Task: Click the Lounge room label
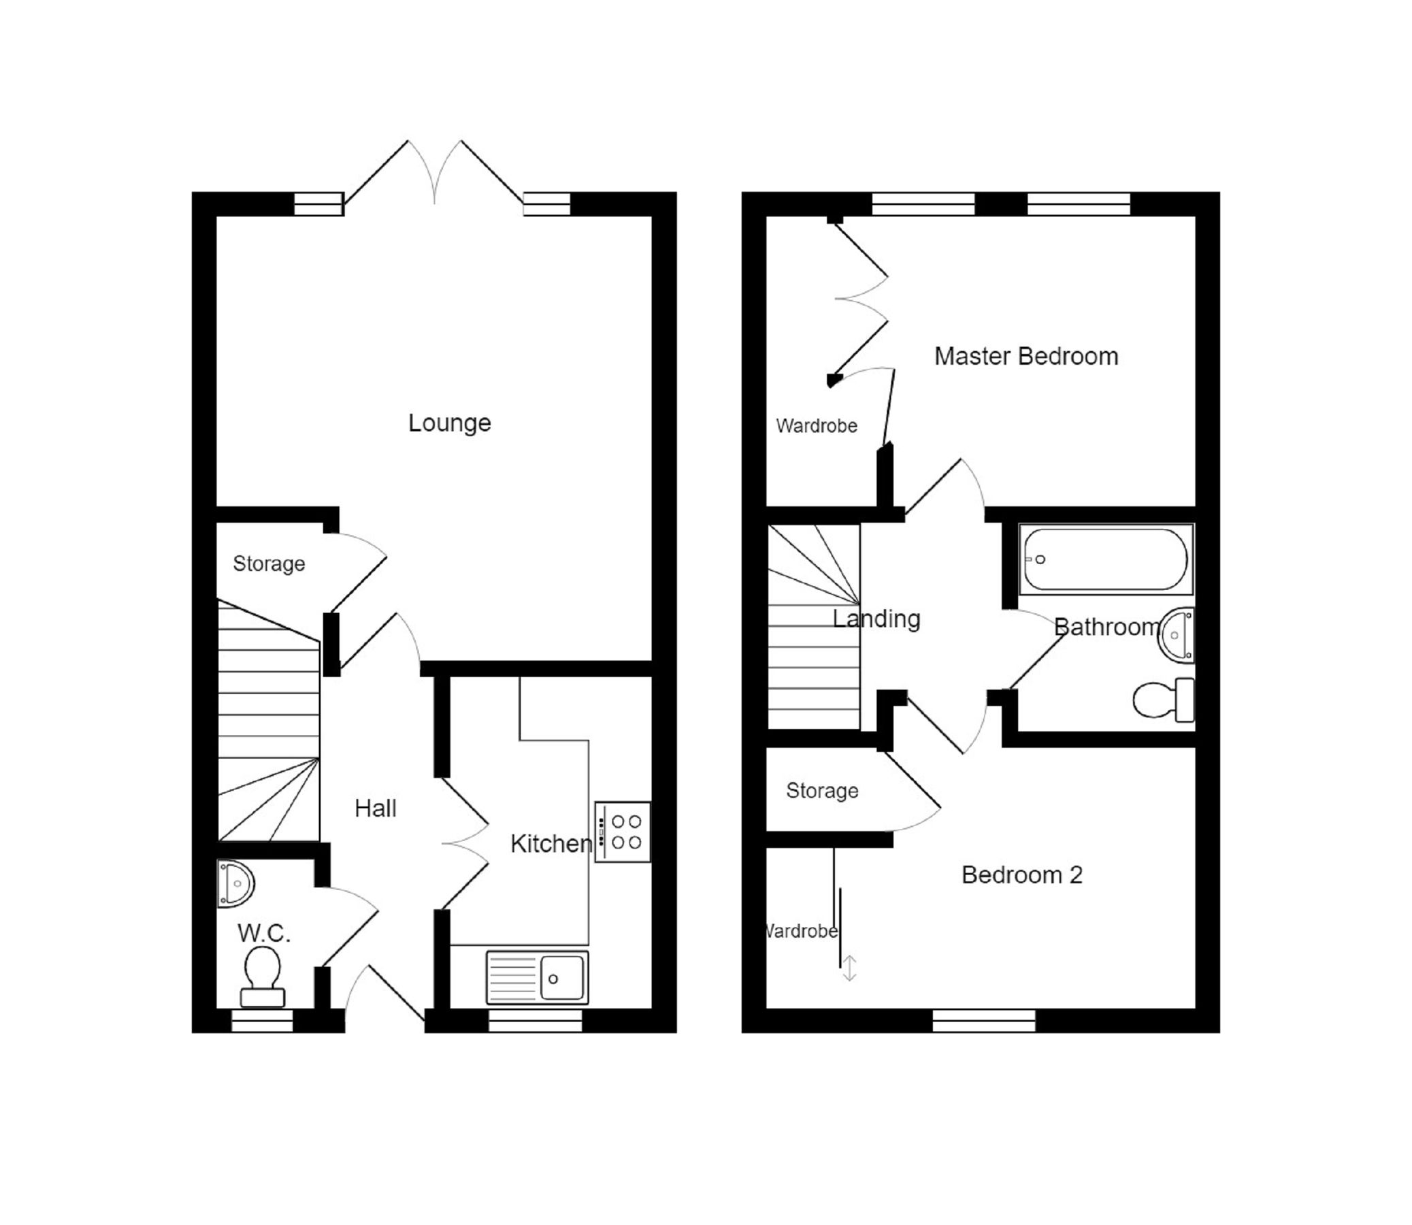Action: (449, 423)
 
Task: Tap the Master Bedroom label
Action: (1026, 356)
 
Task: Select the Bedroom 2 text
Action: (1022, 875)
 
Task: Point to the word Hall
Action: (375, 808)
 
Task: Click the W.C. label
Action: (265, 933)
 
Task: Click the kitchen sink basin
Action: (563, 978)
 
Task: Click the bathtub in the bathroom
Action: (1105, 559)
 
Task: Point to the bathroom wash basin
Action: (1178, 635)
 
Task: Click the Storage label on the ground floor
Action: (269, 564)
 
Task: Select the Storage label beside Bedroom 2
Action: (821, 791)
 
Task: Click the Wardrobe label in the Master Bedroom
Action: (816, 426)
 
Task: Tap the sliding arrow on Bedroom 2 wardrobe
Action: (849, 968)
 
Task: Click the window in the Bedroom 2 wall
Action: (983, 1022)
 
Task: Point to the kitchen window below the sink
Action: (535, 1022)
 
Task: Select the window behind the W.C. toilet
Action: (263, 1022)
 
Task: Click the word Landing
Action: (876, 619)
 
